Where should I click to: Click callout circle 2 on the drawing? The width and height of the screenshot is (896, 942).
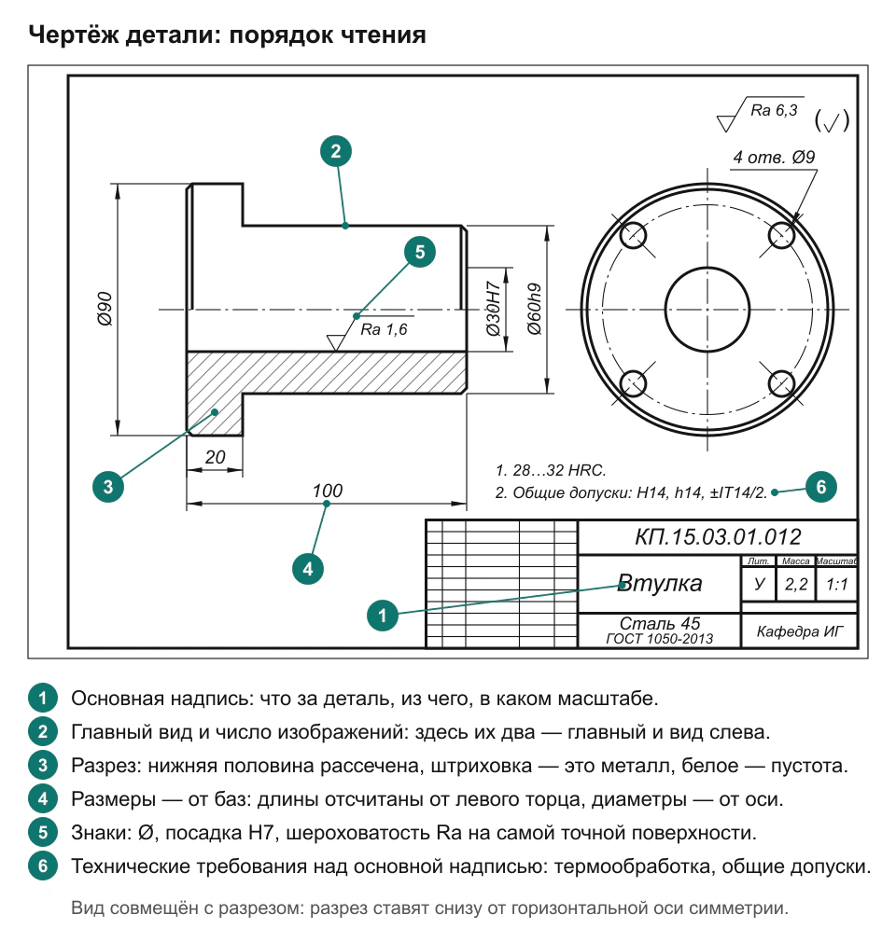pyautogui.click(x=336, y=151)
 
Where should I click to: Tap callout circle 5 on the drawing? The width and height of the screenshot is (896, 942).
pyautogui.click(x=420, y=252)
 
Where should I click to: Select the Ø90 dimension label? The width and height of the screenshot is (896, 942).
pyautogui.click(x=105, y=309)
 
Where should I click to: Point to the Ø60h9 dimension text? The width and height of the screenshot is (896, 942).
pyautogui.click(x=534, y=309)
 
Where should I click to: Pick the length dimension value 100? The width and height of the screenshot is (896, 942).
pyautogui.click(x=327, y=491)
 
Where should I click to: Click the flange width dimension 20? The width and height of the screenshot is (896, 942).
pyautogui.click(x=215, y=457)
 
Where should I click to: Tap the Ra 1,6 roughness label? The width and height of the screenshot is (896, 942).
pyautogui.click(x=384, y=329)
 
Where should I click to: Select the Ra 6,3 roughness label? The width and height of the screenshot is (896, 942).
pyautogui.click(x=774, y=110)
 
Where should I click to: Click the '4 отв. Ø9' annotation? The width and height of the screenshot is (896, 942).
pyautogui.click(x=774, y=158)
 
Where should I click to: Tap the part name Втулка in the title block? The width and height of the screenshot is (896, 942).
pyautogui.click(x=660, y=583)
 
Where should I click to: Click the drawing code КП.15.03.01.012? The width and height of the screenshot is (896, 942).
pyautogui.click(x=718, y=536)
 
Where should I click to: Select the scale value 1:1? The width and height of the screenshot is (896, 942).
pyautogui.click(x=836, y=584)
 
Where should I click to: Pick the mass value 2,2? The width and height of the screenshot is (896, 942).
pyautogui.click(x=796, y=584)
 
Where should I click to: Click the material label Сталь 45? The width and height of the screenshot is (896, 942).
pyautogui.click(x=660, y=623)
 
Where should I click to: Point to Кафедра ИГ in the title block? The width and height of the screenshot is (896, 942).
pyautogui.click(x=800, y=631)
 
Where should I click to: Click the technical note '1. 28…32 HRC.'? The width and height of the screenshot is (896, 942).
pyautogui.click(x=551, y=470)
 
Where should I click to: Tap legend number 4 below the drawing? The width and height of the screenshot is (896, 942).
pyautogui.click(x=43, y=799)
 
